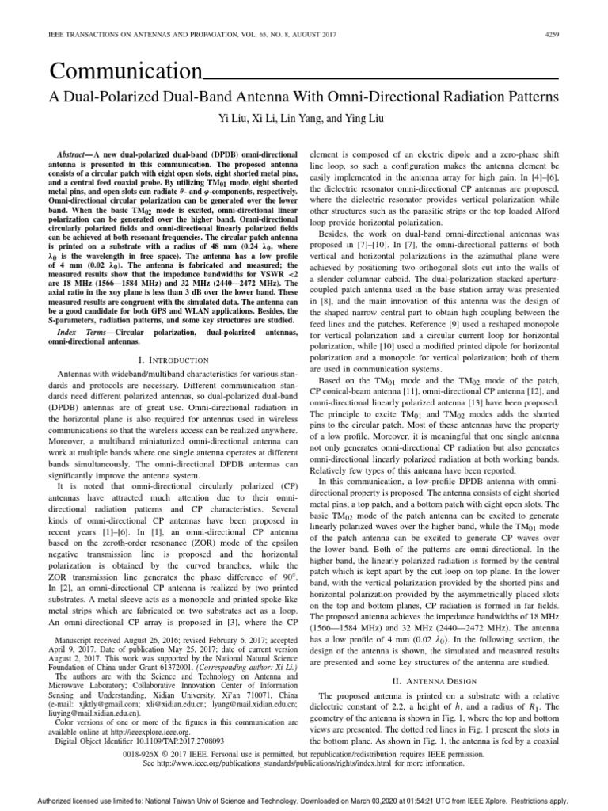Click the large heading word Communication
(125, 73)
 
